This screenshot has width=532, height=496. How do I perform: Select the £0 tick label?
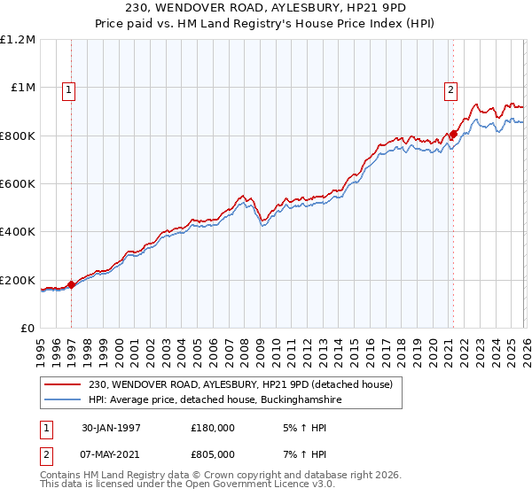pos(27,329)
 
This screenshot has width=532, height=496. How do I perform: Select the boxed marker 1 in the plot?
pos(68,89)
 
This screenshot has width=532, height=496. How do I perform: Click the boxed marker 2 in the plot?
pos(450,89)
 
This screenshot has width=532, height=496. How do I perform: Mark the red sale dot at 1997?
pos(73,284)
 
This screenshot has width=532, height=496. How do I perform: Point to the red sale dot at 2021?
pos(453,135)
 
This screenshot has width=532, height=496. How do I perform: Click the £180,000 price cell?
pos(212,426)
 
